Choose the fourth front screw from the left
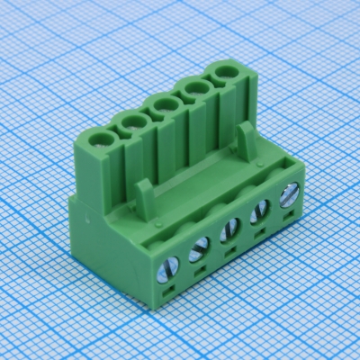pyautogui.click(x=258, y=209)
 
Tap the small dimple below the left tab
pyautogui.click(x=157, y=222)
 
